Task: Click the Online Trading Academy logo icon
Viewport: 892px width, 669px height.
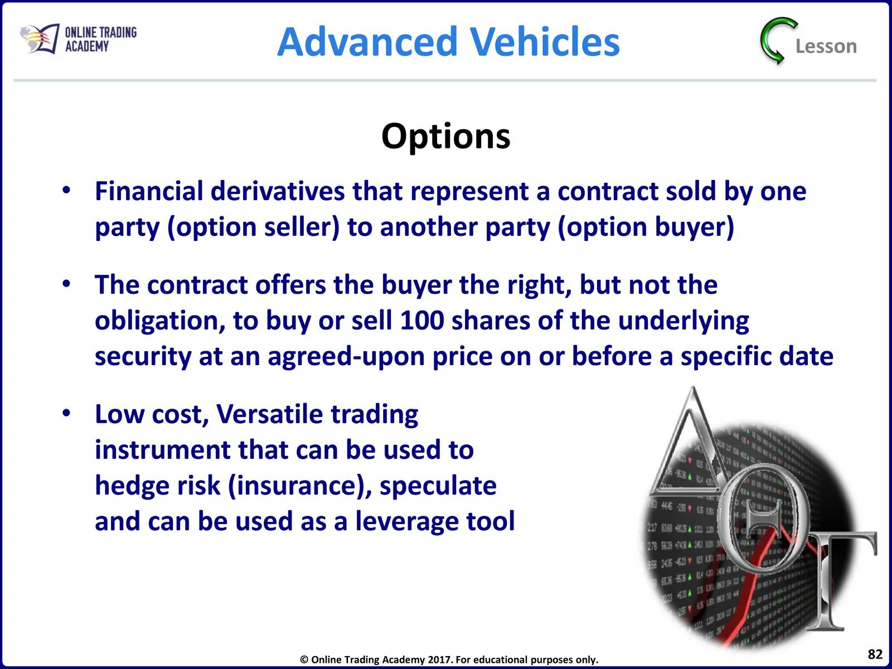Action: click(40, 38)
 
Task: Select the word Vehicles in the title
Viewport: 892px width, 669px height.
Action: click(545, 41)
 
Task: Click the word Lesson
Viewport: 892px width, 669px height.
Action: click(826, 46)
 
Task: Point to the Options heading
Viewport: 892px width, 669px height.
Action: click(446, 137)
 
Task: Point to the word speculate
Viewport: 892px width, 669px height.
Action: click(438, 486)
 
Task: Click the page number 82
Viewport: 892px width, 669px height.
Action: click(875, 654)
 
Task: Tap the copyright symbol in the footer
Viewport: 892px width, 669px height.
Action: click(304, 660)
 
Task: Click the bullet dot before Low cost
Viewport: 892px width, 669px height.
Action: click(66, 413)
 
